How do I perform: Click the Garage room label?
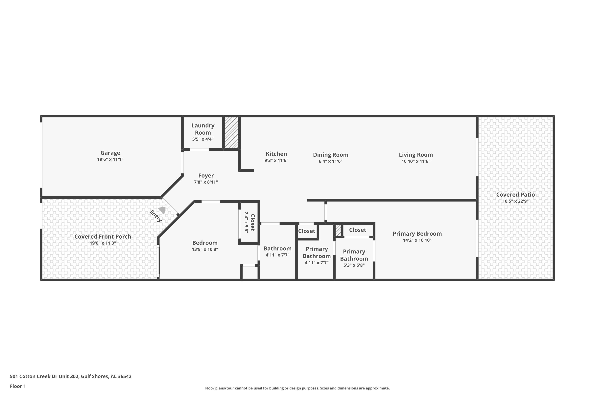click(110, 153)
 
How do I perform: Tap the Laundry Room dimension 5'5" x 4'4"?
click(203, 139)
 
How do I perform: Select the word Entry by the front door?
click(155, 216)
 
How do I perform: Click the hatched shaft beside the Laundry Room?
click(232, 133)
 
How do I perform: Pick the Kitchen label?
click(276, 154)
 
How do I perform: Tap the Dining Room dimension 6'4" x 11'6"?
click(331, 161)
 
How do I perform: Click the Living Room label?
click(416, 155)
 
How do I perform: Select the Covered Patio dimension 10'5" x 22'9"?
click(515, 201)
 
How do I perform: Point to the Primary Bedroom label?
click(417, 234)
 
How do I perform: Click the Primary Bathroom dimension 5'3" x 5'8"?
click(354, 265)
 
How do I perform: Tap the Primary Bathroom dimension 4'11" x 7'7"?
click(317, 263)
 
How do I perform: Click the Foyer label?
click(206, 175)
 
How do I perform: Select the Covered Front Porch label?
click(103, 237)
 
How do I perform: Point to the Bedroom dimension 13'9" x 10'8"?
click(205, 249)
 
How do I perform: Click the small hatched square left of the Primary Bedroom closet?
click(338, 230)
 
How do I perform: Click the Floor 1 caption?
click(18, 386)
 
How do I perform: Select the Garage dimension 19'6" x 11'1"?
click(110, 159)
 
